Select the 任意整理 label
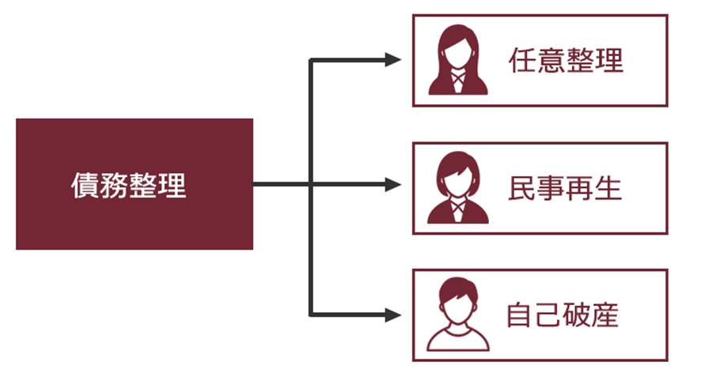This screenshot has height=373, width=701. click(x=566, y=60)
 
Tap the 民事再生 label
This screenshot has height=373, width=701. click(x=565, y=188)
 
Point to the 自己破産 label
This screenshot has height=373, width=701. click(x=563, y=315)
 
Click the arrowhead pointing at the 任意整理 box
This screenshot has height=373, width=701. click(x=393, y=59)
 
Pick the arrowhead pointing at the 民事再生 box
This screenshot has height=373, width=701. click(x=393, y=184)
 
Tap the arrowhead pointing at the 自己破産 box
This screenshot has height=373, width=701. click(x=393, y=315)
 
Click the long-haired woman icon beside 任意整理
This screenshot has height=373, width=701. click(x=458, y=60)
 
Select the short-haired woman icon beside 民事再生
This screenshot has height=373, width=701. click(x=458, y=187)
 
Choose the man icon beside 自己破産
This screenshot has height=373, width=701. click(x=458, y=315)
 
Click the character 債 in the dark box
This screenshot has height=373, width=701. click(x=85, y=186)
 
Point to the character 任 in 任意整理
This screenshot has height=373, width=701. click(x=523, y=60)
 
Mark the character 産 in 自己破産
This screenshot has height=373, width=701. click(x=605, y=315)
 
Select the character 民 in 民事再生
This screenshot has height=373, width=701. click(x=522, y=188)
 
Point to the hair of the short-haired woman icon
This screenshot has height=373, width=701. click(x=458, y=168)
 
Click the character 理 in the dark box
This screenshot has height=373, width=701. click(x=172, y=186)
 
